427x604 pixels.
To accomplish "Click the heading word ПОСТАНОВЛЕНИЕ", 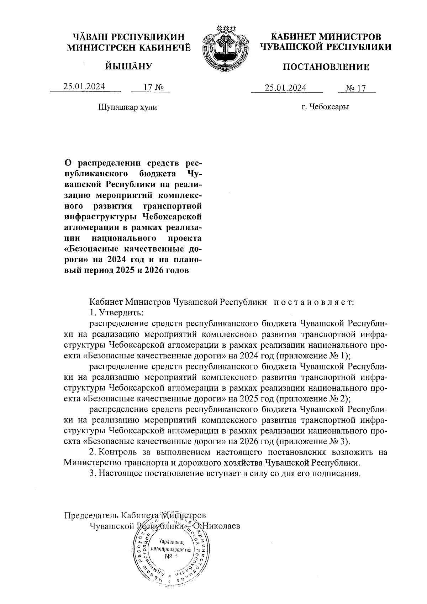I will (x=326, y=67).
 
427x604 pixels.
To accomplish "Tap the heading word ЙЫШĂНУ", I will (x=128, y=66).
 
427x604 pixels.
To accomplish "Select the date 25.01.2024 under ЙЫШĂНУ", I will (x=84, y=87).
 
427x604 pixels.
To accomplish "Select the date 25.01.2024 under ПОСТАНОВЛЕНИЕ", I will (x=286, y=88).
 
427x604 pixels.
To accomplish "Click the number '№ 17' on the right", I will (x=356, y=88).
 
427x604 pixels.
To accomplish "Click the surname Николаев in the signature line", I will (x=221, y=525).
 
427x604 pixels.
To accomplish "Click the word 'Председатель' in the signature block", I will (x=91, y=515).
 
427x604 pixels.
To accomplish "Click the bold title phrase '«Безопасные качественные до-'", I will (x=133, y=248).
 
